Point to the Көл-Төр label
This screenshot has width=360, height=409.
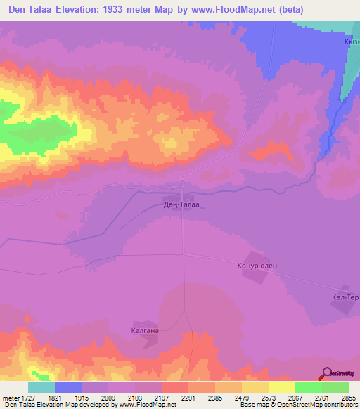[345, 297]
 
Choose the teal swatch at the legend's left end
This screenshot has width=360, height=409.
[41, 387]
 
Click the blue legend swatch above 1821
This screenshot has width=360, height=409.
[67, 387]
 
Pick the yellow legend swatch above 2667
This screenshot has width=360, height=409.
[281, 387]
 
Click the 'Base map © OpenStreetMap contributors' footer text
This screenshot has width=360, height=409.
[299, 405]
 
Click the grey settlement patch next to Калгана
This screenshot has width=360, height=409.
[150, 340]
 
